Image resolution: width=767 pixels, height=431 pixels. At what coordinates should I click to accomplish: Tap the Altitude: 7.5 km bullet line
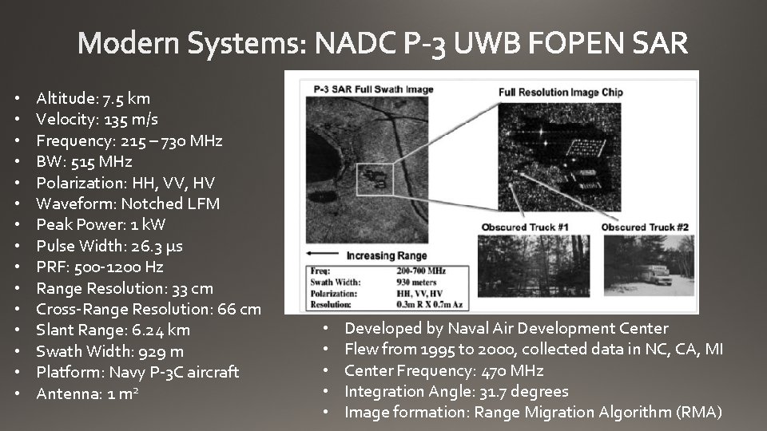click(93, 99)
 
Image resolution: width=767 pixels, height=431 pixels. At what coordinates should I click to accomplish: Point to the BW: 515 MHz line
click(85, 162)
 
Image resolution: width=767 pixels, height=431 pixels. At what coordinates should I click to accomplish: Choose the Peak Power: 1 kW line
click(101, 224)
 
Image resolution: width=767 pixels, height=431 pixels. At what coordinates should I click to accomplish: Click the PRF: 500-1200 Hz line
click(100, 267)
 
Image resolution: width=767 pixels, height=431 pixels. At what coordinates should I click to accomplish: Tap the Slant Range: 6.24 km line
click(113, 330)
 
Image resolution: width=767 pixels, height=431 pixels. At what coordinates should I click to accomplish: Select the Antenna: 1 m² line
click(88, 393)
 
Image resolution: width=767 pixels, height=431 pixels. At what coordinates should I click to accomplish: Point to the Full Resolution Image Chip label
click(560, 92)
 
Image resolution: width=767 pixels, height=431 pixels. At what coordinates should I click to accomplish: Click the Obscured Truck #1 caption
click(525, 227)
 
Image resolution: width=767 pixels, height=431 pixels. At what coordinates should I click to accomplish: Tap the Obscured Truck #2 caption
click(645, 227)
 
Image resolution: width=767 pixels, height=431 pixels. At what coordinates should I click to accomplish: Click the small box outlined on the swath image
click(373, 174)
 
